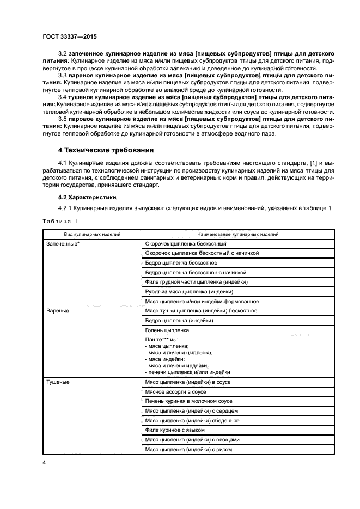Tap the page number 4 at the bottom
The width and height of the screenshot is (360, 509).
point(44,463)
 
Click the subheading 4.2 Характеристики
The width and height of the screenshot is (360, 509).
point(88,197)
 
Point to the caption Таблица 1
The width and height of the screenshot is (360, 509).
point(60,221)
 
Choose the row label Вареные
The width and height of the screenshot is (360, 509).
point(59,311)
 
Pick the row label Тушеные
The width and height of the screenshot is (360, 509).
point(59,382)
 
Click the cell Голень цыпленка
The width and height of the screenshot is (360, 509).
point(167,330)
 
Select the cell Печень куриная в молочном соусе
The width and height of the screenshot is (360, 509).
point(188,401)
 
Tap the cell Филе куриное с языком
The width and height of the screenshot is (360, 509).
point(175,430)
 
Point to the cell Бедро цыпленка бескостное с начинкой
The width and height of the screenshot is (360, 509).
point(196,272)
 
